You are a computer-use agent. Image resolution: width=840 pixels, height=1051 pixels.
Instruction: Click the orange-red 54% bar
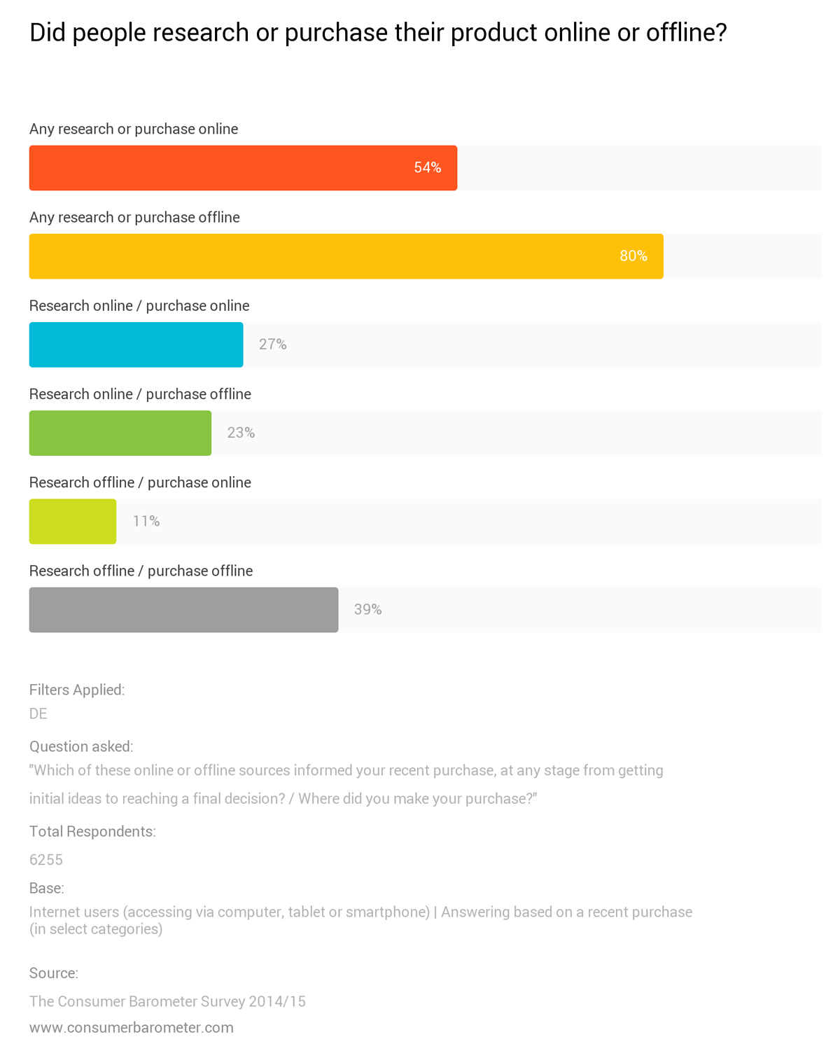(x=243, y=168)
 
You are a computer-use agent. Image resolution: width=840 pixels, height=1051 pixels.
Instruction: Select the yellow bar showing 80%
(x=346, y=256)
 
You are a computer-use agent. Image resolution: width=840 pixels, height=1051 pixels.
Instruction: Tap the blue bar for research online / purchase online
(x=136, y=344)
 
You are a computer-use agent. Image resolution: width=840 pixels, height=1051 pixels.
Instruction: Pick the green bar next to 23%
(x=120, y=433)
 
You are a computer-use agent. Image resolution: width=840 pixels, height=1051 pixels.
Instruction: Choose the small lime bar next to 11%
(x=73, y=521)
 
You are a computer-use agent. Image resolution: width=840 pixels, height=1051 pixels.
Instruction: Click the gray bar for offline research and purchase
(x=183, y=609)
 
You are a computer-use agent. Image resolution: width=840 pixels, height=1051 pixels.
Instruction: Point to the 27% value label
(x=273, y=344)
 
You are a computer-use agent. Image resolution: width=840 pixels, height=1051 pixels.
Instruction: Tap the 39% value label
(x=367, y=609)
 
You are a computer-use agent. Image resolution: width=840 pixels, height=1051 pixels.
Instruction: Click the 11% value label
(x=146, y=521)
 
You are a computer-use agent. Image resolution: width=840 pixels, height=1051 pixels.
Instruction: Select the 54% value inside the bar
(x=427, y=168)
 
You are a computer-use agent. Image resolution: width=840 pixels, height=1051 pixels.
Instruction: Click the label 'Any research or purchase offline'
(x=134, y=217)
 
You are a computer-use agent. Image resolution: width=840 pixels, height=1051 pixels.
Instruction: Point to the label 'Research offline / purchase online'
(x=140, y=482)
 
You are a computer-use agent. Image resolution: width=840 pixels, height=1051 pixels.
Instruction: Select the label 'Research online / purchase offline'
(x=140, y=394)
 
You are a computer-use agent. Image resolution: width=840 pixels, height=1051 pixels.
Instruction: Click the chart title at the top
(x=378, y=32)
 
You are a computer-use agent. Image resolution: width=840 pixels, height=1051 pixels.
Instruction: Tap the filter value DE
(x=38, y=714)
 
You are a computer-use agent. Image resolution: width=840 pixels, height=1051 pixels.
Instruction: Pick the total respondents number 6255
(x=46, y=859)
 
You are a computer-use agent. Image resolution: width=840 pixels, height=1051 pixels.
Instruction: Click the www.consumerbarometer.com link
(x=132, y=1027)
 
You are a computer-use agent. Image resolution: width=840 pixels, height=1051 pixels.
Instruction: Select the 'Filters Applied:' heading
(x=77, y=690)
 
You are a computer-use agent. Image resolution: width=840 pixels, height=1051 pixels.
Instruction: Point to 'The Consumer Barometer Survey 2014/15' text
(x=167, y=1001)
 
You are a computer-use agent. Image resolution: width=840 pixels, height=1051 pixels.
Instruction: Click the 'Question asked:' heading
(x=81, y=746)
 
